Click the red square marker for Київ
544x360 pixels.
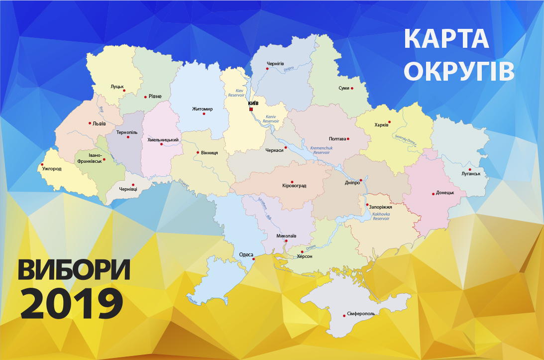pos(251,109)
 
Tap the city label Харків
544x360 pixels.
pos(381,125)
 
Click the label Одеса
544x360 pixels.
pos(246,254)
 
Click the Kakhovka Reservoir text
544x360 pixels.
pos(381,217)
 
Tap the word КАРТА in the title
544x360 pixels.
pos(446,39)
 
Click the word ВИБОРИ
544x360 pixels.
pos(75,270)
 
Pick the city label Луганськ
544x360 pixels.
pos(470,174)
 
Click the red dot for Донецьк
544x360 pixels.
pos(433,193)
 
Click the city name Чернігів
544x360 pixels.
pos(275,64)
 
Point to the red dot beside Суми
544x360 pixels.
pos(352,88)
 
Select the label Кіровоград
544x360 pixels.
pos(294,186)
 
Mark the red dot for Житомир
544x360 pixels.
pos(204,114)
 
